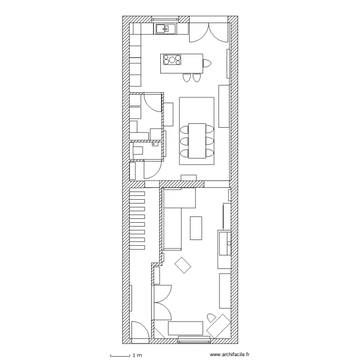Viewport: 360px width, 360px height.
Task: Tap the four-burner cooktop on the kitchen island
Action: tap(172, 60)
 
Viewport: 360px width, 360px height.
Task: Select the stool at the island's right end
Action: tap(207, 63)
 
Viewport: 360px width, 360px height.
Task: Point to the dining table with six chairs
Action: tap(197, 141)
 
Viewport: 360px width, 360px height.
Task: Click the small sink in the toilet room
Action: tap(155, 143)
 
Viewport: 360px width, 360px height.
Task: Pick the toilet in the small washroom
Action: tap(138, 150)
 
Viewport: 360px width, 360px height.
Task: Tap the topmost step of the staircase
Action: tap(137, 193)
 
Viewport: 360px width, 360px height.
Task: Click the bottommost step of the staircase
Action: tap(137, 247)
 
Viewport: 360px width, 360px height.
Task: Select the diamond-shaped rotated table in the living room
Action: tap(183, 265)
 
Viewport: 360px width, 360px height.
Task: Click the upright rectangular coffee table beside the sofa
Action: tap(196, 228)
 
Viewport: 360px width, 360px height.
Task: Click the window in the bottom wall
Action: tap(194, 340)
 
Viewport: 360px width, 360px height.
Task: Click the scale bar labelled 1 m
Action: tap(120, 355)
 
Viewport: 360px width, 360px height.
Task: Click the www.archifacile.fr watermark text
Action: tap(230, 355)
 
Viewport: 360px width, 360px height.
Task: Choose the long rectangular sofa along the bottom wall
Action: tap(185, 328)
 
